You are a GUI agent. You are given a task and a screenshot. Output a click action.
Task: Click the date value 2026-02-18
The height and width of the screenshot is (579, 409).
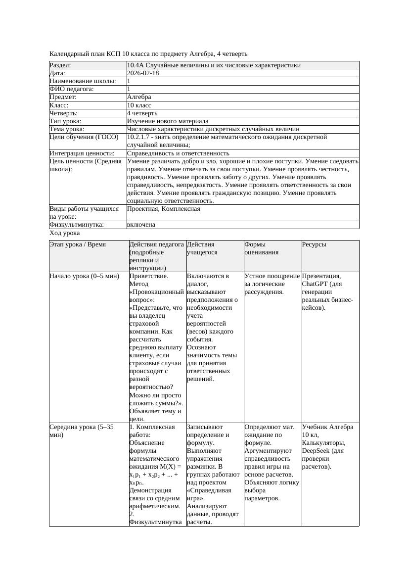coord(143,73)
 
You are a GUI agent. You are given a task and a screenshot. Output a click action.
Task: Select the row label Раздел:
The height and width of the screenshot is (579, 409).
coord(60,65)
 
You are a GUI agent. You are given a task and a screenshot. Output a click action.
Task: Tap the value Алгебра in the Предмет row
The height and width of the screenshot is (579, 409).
coord(139,97)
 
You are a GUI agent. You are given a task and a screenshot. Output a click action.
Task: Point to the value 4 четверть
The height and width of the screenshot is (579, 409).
coord(142,113)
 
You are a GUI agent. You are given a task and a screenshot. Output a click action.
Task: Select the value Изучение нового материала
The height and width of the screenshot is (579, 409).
coord(168,121)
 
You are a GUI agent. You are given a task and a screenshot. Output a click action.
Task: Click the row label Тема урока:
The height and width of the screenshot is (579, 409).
coord(67,129)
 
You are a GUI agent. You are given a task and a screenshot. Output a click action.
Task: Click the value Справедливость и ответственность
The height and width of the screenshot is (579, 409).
coord(178,153)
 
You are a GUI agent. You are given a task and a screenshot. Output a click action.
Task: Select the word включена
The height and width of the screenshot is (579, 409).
coord(141,225)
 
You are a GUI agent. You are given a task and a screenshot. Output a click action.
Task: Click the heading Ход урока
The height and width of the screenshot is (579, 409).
coord(65,233)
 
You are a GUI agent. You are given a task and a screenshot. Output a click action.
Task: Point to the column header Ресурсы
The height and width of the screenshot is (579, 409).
coord(314,244)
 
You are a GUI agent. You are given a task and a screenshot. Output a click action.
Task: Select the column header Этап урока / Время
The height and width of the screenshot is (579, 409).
coord(78,244)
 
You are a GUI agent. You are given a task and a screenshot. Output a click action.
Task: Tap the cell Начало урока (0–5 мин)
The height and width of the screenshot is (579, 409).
coord(85,276)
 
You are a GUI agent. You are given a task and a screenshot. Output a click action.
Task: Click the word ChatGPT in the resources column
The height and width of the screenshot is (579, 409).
coord(314,284)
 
